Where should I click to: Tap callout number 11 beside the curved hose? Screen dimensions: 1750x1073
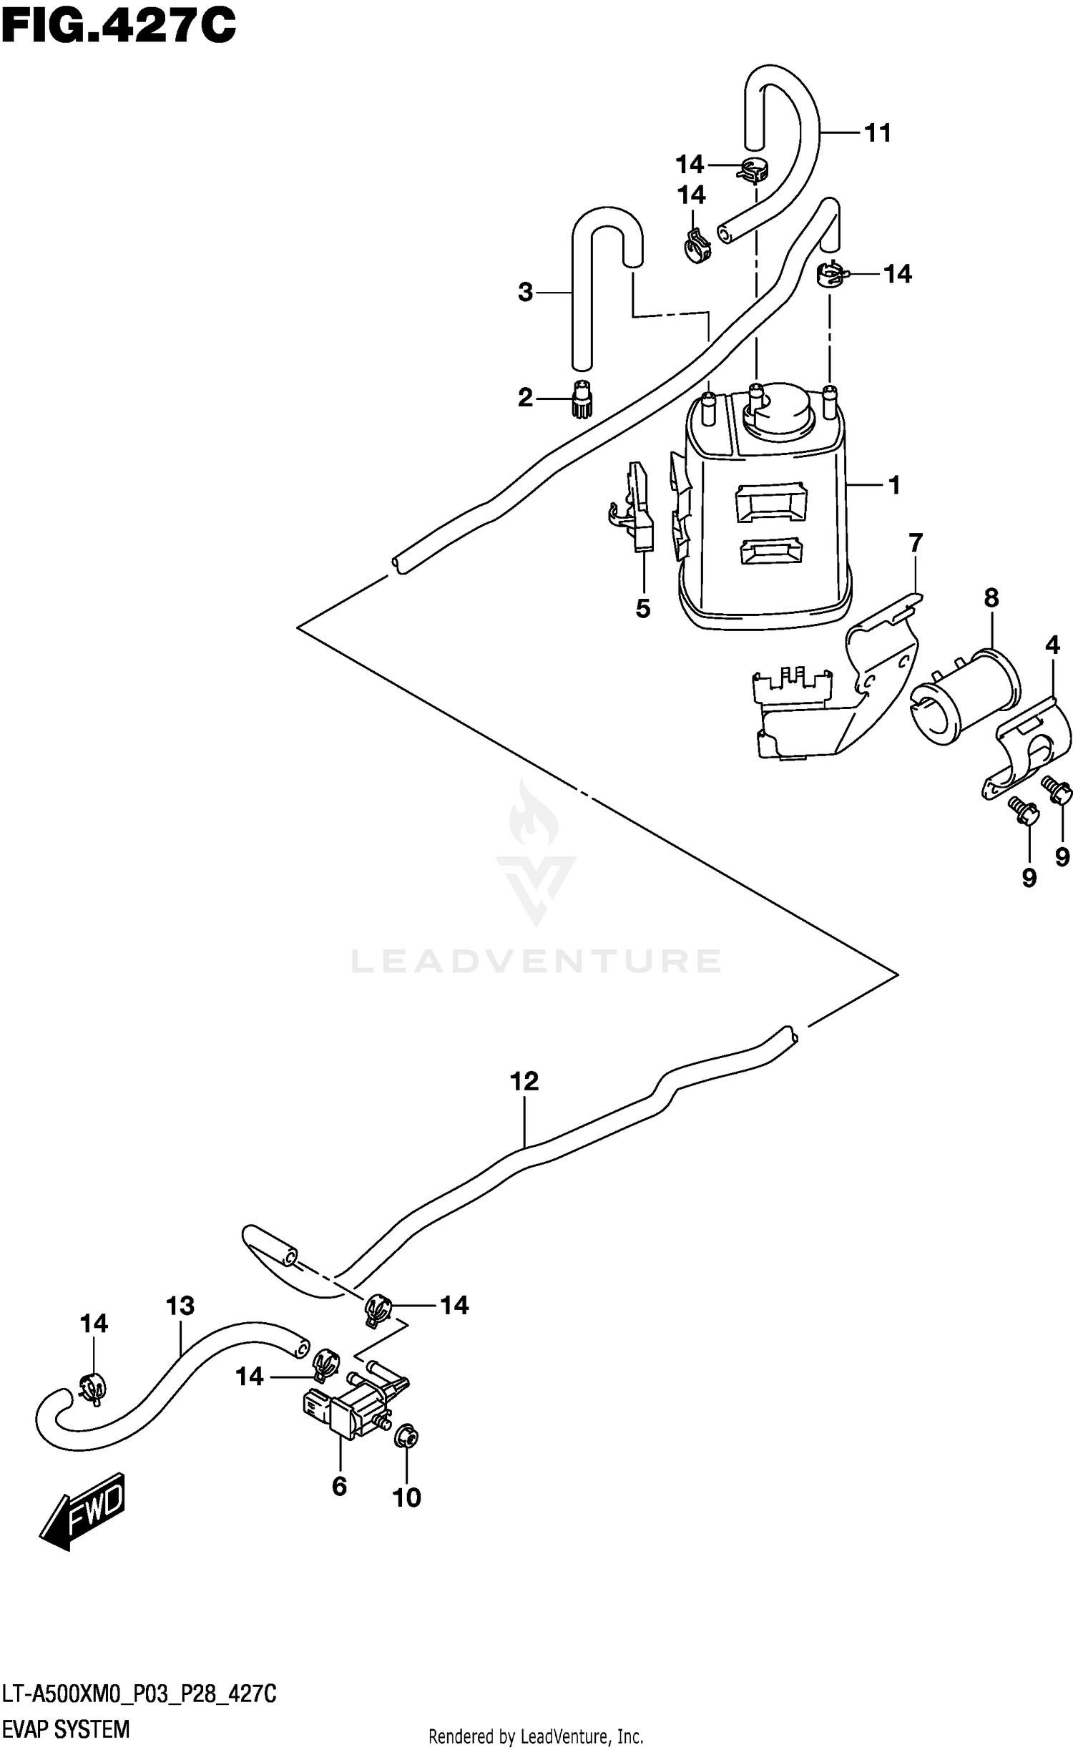(878, 133)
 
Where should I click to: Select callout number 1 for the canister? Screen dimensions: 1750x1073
(893, 486)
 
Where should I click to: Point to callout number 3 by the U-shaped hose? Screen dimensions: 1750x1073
(526, 292)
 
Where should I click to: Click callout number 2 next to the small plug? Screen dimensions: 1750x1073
(526, 398)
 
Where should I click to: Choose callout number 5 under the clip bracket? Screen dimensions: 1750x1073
(642, 609)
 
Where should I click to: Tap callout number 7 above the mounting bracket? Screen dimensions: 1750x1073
(916, 542)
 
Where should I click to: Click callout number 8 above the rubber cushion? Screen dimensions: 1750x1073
(991, 597)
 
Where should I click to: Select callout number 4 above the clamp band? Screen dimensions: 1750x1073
(1052, 645)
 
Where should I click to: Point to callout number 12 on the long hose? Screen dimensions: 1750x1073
(524, 1081)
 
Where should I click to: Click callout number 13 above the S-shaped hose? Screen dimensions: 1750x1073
(180, 1306)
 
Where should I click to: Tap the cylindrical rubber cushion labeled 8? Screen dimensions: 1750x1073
(966, 698)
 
